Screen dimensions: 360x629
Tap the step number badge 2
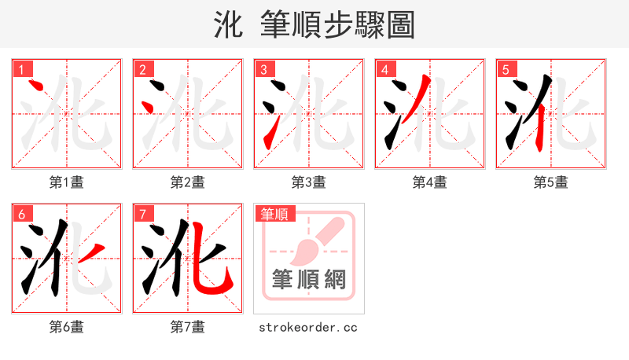pos(142,69)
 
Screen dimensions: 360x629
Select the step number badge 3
pos(264,69)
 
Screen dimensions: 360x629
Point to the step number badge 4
pos(385,69)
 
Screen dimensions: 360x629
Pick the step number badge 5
pos(506,69)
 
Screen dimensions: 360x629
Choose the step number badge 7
pos(142,214)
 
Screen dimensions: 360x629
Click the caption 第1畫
pos(67,182)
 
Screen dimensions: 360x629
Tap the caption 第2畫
pos(188,182)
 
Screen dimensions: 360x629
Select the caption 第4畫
pos(430,182)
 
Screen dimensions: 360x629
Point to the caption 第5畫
pos(551,182)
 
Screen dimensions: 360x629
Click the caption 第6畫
pos(67,327)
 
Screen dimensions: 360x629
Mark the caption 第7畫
pos(188,327)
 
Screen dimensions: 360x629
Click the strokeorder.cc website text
pos(309,327)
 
